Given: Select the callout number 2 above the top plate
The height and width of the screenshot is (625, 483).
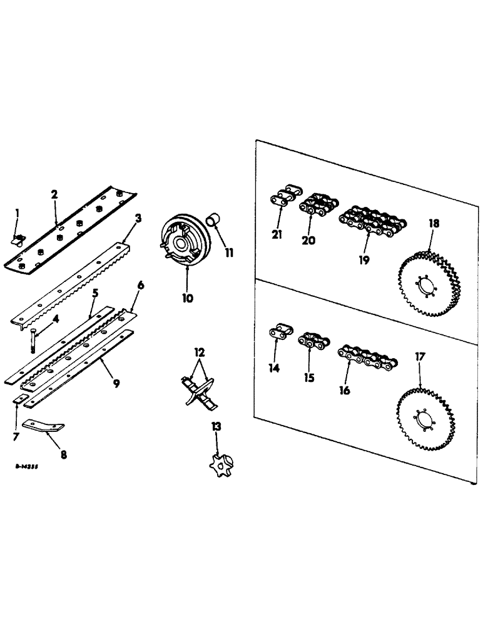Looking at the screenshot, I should tap(55, 195).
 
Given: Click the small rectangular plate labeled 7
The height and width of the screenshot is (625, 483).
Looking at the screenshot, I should tap(19, 398).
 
